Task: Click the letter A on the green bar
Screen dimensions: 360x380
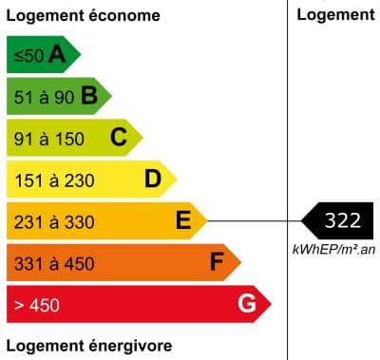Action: (x=57, y=55)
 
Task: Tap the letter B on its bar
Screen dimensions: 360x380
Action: (x=89, y=96)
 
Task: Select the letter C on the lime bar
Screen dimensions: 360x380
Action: (x=119, y=138)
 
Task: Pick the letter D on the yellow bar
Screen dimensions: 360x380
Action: (x=153, y=179)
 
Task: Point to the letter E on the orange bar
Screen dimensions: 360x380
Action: (x=184, y=221)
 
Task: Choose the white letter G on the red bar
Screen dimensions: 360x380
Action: (x=247, y=304)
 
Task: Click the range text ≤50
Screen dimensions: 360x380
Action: (x=28, y=56)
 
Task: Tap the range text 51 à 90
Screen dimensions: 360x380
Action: (x=44, y=97)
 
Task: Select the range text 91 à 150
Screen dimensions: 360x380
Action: (x=49, y=139)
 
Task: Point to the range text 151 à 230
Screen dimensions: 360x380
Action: (x=54, y=180)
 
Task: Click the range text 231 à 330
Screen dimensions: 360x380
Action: (x=54, y=221)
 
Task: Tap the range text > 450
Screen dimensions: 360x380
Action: (x=36, y=305)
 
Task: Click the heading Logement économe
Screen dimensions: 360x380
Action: (x=83, y=16)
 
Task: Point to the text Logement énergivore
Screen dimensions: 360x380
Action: (x=89, y=344)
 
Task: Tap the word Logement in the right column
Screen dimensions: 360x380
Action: (x=335, y=14)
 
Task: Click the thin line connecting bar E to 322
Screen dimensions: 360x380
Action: (x=252, y=221)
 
